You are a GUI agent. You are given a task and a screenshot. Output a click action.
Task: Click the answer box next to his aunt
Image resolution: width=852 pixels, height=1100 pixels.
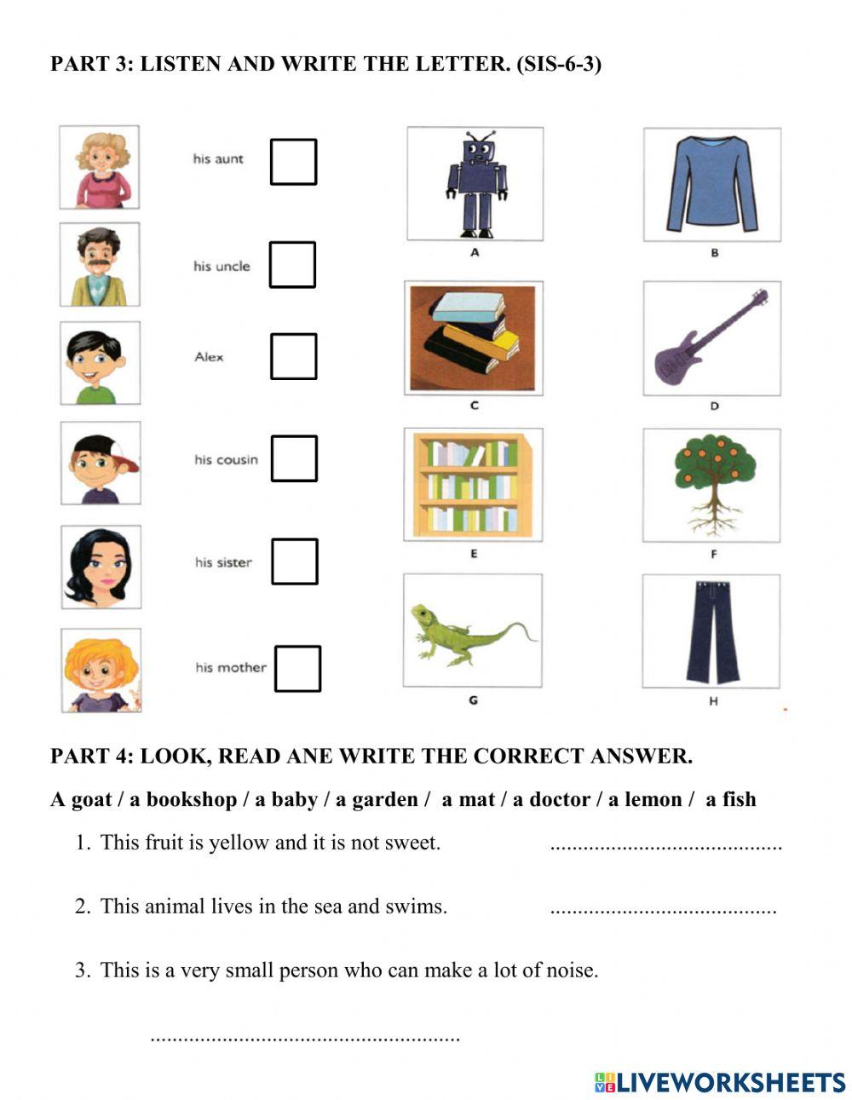coord(293,162)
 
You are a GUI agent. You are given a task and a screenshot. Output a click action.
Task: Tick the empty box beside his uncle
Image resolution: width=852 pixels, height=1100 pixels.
coord(292,264)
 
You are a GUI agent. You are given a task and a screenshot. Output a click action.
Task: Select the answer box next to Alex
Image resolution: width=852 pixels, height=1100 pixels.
coord(293,356)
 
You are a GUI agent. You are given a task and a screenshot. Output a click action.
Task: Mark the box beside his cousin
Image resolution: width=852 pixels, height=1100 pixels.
coord(294,458)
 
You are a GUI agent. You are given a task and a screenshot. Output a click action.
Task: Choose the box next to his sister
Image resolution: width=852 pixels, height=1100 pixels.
coord(295,562)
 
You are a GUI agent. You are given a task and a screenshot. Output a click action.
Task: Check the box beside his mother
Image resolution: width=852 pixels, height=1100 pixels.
coord(297,668)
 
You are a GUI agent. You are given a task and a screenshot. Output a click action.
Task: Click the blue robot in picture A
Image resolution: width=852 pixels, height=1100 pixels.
coord(476,184)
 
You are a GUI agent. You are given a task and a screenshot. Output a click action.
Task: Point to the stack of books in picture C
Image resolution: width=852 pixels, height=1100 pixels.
coord(474,334)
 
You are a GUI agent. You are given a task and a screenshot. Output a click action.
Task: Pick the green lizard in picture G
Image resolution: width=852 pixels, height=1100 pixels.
coord(470,631)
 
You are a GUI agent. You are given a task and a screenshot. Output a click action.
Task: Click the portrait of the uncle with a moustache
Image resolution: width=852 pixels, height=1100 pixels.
coord(100,265)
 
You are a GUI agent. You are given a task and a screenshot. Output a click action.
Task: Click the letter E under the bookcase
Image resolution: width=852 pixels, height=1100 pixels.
coord(474,554)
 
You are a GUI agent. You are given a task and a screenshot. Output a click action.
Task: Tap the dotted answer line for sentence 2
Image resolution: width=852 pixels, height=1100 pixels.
coord(663,910)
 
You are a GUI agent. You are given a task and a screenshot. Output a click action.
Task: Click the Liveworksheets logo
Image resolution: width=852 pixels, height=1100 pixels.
coord(720,1082)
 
